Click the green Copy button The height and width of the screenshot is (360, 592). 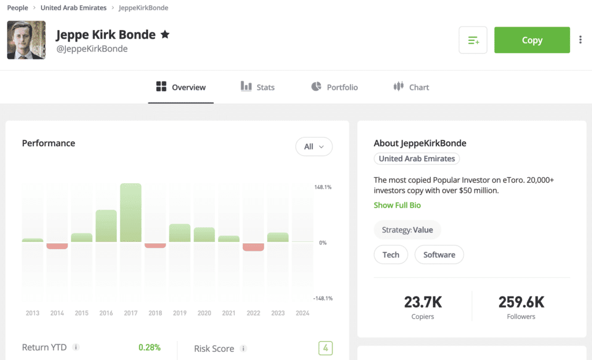tap(532, 40)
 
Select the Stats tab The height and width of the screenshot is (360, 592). tap(258, 87)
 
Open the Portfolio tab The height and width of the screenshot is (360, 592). tap(335, 87)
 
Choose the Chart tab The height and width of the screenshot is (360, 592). tap(411, 87)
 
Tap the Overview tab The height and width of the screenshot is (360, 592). tap(181, 87)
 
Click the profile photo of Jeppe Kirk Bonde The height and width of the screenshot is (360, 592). tap(27, 40)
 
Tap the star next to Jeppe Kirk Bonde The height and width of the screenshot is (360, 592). tap(165, 35)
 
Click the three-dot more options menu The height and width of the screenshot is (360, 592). tap(580, 40)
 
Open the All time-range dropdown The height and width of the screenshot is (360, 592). tap(314, 147)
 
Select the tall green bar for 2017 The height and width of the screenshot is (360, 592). tap(131, 213)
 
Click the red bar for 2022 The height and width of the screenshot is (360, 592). tap(253, 247)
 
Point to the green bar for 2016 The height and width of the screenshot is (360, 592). tap(106, 226)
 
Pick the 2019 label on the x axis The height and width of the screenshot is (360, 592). tap(180, 313)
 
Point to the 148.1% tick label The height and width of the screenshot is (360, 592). tap(323, 187)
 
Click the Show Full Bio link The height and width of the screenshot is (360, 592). tap(397, 205)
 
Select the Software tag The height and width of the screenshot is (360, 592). tap(439, 255)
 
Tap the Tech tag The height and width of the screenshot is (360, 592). tap(391, 255)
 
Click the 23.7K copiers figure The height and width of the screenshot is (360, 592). tap(423, 302)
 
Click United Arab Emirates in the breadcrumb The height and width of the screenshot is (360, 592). tap(73, 8)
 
